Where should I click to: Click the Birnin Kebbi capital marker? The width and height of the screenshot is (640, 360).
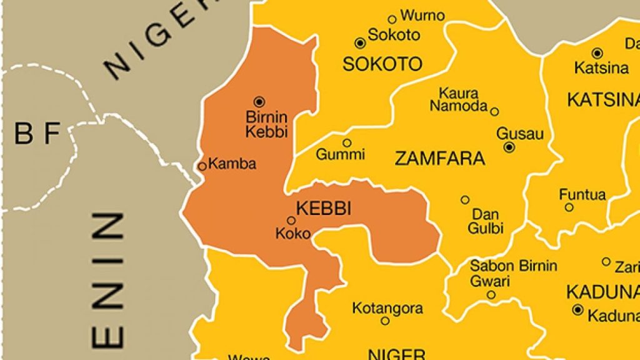(x=259, y=101)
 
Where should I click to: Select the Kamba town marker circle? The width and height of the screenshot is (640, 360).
(x=202, y=166)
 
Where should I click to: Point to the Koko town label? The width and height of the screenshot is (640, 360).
(x=292, y=234)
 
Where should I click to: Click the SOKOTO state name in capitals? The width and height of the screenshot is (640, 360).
(x=382, y=64)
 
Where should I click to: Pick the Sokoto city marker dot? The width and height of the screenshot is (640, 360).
(x=359, y=43)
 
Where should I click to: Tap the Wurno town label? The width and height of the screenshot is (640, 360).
(x=422, y=16)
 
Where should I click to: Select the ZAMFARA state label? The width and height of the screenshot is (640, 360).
(x=440, y=159)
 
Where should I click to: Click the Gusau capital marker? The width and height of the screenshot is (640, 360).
(x=509, y=147)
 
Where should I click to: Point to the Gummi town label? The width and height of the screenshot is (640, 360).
(x=340, y=154)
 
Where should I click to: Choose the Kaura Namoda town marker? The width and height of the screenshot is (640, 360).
(x=494, y=112)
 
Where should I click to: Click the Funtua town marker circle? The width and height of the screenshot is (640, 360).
(x=569, y=207)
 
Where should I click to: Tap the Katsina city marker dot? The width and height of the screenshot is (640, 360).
(x=597, y=53)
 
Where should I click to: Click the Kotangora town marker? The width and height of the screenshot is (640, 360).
(x=385, y=321)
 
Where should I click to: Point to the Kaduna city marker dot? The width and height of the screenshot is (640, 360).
(x=577, y=310)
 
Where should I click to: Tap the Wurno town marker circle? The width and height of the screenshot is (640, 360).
(x=392, y=19)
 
